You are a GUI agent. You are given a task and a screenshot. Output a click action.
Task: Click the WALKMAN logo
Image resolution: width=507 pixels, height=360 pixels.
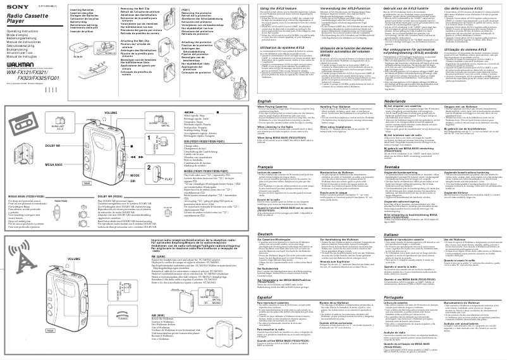18,66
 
